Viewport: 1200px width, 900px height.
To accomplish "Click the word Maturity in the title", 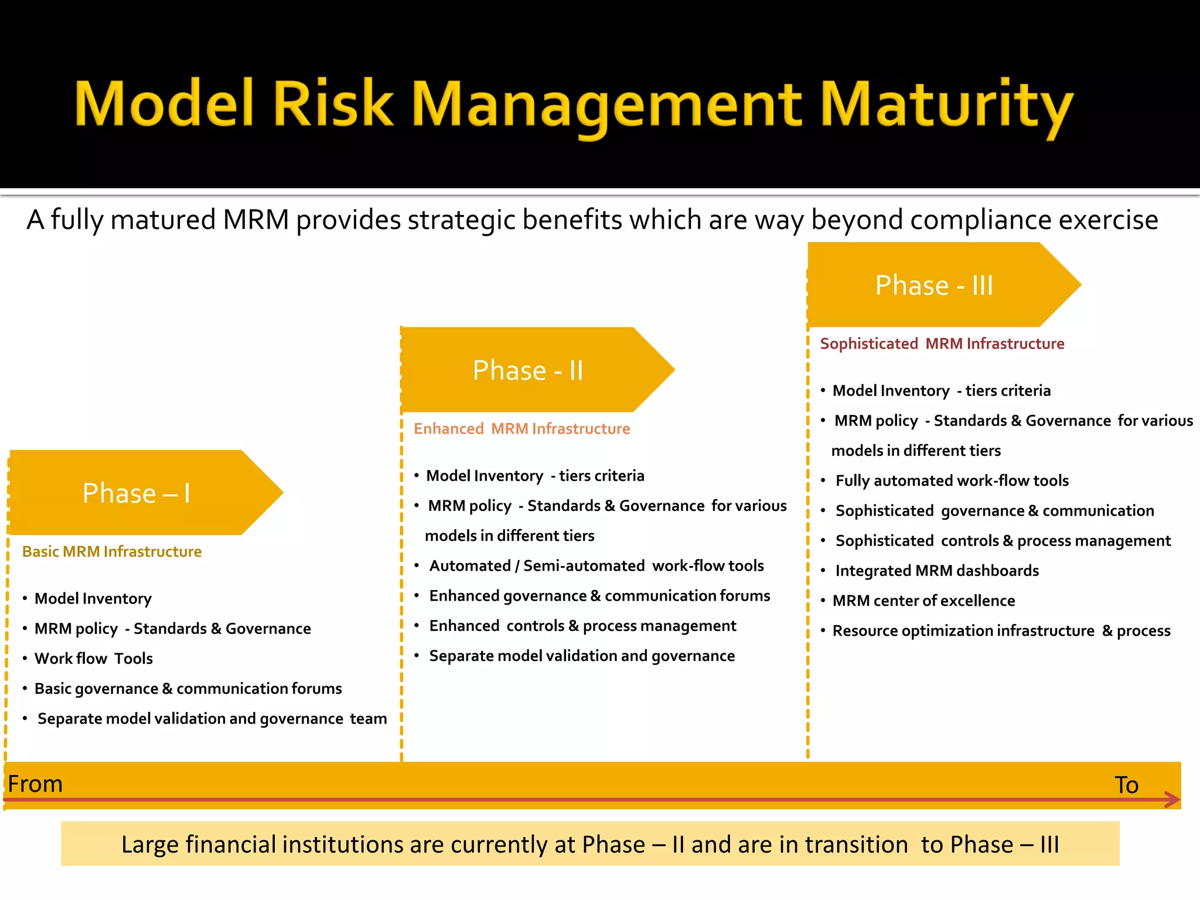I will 946,105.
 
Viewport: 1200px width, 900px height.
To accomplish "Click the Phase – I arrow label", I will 136,493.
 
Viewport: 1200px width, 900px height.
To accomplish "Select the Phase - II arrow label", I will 527,370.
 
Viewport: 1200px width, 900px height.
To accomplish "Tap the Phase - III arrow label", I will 934,285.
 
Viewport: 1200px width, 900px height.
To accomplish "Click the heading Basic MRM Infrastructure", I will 111,551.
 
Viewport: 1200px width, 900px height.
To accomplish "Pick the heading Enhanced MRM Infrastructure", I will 521,428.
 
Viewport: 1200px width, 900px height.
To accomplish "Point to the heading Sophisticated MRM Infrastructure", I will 942,343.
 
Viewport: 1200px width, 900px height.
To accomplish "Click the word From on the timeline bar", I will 35,783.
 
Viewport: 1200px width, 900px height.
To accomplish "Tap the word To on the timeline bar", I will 1126,785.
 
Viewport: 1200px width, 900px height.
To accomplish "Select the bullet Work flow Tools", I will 94,658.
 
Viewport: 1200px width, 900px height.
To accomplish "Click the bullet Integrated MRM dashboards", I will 936,570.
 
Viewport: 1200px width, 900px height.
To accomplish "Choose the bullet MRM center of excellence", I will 923,600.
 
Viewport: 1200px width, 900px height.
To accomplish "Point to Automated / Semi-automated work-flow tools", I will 596,565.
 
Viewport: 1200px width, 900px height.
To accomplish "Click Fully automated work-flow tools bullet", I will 952,480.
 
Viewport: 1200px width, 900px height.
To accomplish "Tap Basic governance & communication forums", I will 187,688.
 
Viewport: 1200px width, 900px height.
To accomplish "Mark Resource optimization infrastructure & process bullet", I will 1001,630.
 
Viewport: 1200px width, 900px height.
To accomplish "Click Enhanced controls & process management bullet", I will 582,626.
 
